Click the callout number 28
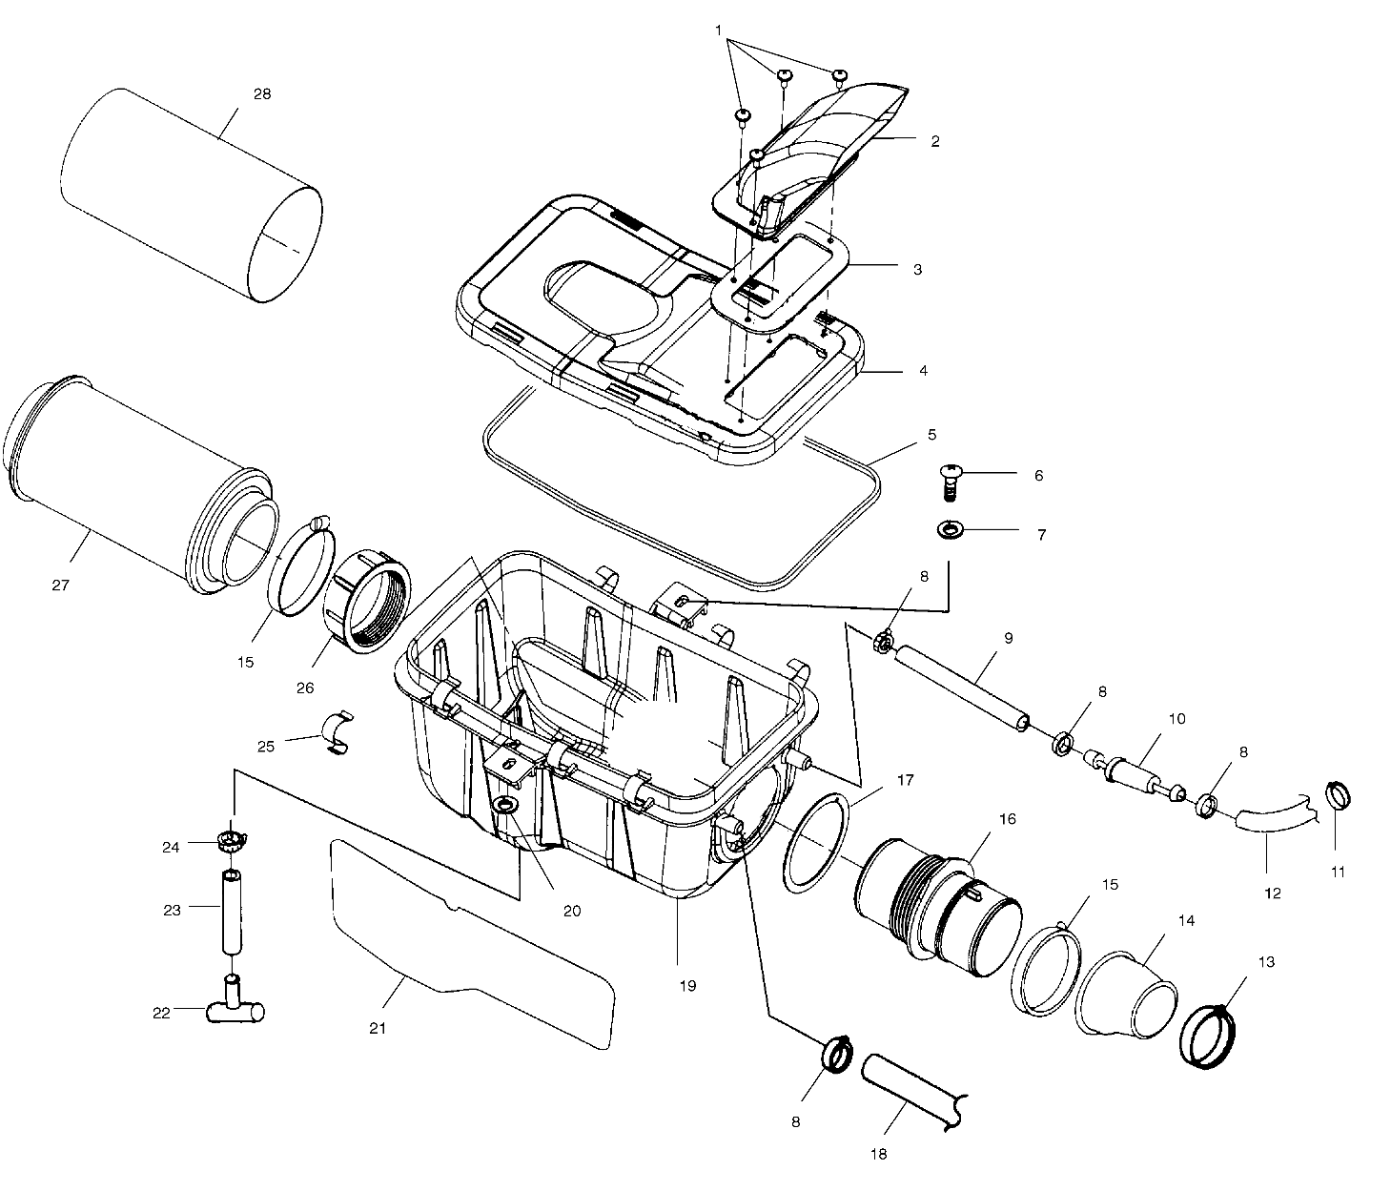262,93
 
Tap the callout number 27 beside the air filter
61,584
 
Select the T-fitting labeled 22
234,1009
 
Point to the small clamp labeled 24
229,841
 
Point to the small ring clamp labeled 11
1338,793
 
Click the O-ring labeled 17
816,842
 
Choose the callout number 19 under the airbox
687,985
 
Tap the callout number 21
378,1028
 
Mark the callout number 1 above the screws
718,31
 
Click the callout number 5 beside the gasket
931,435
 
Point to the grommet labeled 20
505,808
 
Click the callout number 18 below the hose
878,1154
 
